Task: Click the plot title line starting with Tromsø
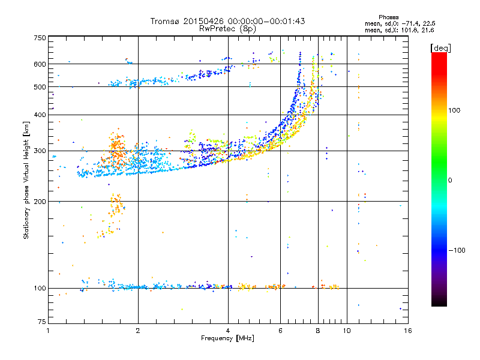point(227,21)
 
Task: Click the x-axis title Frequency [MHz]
point(227,339)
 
